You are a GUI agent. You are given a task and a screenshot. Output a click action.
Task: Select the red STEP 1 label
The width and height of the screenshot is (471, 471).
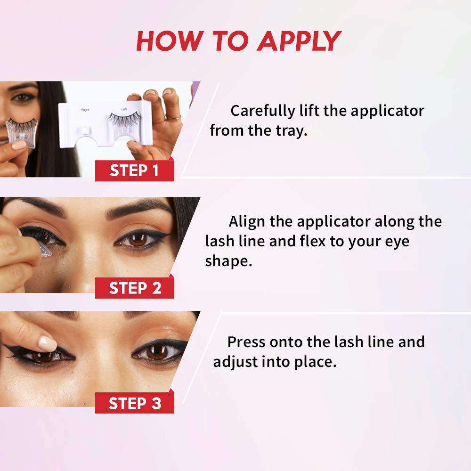(135, 171)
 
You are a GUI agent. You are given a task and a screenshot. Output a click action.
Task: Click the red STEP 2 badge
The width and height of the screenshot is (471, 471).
(135, 288)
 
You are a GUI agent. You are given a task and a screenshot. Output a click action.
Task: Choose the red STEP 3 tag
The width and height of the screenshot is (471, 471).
(135, 403)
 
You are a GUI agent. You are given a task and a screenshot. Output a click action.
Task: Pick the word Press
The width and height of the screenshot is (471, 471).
(247, 341)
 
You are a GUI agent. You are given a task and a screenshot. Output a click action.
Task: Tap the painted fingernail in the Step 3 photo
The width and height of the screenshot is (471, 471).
(47, 342)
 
